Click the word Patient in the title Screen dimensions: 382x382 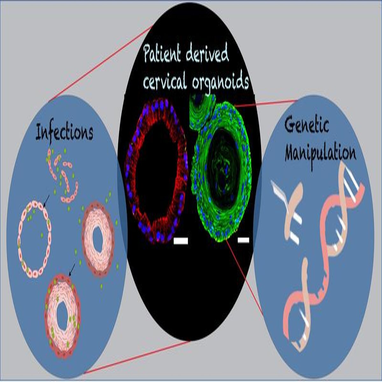162,53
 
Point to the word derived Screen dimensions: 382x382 207,53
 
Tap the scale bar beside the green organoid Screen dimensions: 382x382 244,240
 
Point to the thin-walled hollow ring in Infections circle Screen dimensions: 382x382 19,238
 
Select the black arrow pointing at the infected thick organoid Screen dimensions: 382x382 72,270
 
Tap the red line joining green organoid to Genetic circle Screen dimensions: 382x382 265,103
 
